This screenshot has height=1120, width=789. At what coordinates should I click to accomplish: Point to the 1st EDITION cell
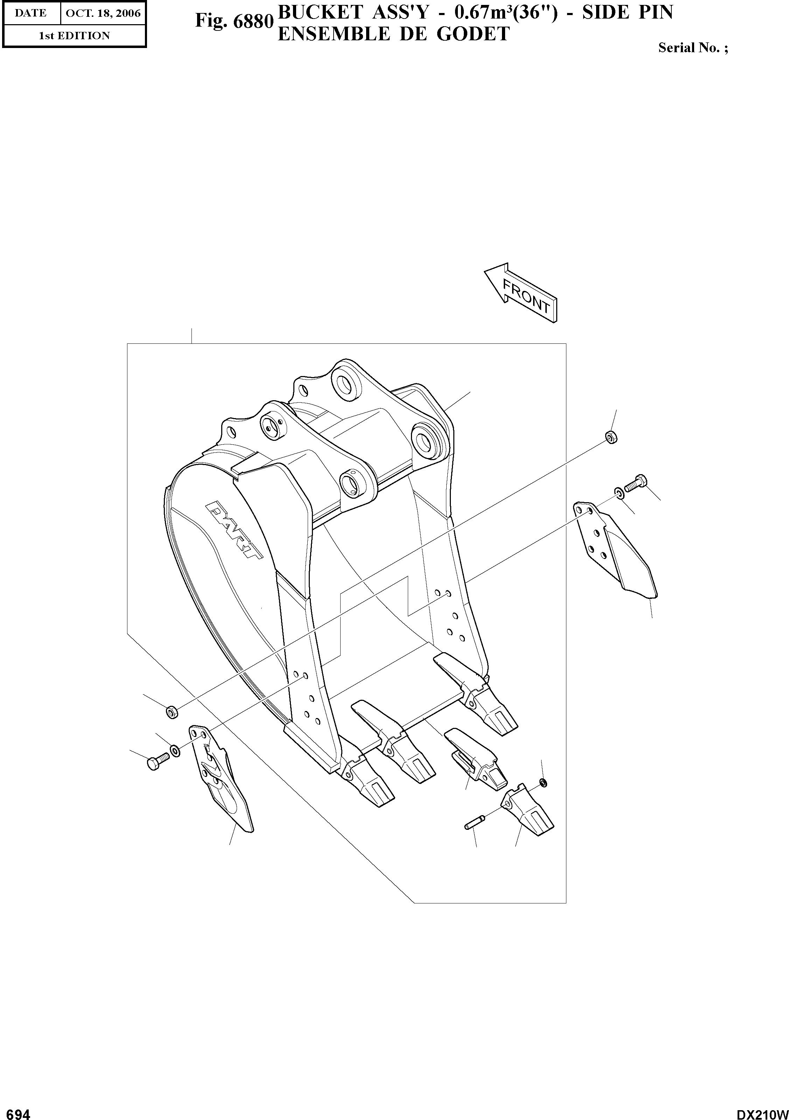[74, 36]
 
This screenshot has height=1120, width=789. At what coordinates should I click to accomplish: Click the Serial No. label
[692, 48]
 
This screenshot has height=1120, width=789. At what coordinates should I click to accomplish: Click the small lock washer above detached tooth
[543, 783]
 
